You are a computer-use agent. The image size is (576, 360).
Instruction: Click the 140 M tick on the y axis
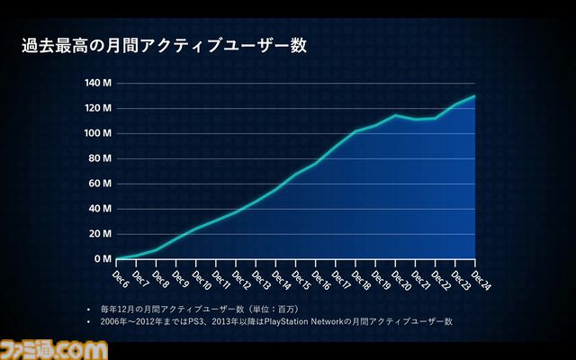click(97, 83)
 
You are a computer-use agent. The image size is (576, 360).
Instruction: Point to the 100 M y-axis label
click(97, 133)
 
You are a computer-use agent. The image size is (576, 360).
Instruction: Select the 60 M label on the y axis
click(99, 184)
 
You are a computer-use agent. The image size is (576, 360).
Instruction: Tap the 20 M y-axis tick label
click(99, 234)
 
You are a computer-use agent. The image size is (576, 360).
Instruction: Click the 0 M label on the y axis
click(102, 259)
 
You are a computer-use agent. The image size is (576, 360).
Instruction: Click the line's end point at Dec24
click(475, 95)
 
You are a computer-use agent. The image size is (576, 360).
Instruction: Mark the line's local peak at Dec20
click(395, 115)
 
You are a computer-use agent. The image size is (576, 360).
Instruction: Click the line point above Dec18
click(355, 131)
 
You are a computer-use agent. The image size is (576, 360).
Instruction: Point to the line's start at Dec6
click(117, 259)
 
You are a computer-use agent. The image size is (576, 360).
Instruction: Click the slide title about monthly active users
click(164, 46)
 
